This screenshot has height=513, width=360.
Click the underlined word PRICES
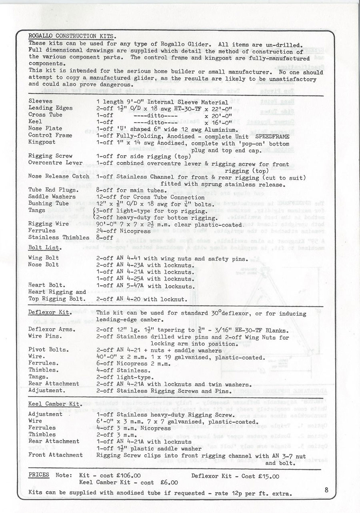[x=39, y=475]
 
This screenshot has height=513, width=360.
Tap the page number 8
[x=327, y=489]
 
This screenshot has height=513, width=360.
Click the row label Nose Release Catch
[x=59, y=176]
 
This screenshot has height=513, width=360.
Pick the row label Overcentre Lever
[x=55, y=163]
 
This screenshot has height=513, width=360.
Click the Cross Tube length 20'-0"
[x=218, y=115]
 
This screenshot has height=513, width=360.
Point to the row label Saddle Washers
[x=52, y=197]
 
